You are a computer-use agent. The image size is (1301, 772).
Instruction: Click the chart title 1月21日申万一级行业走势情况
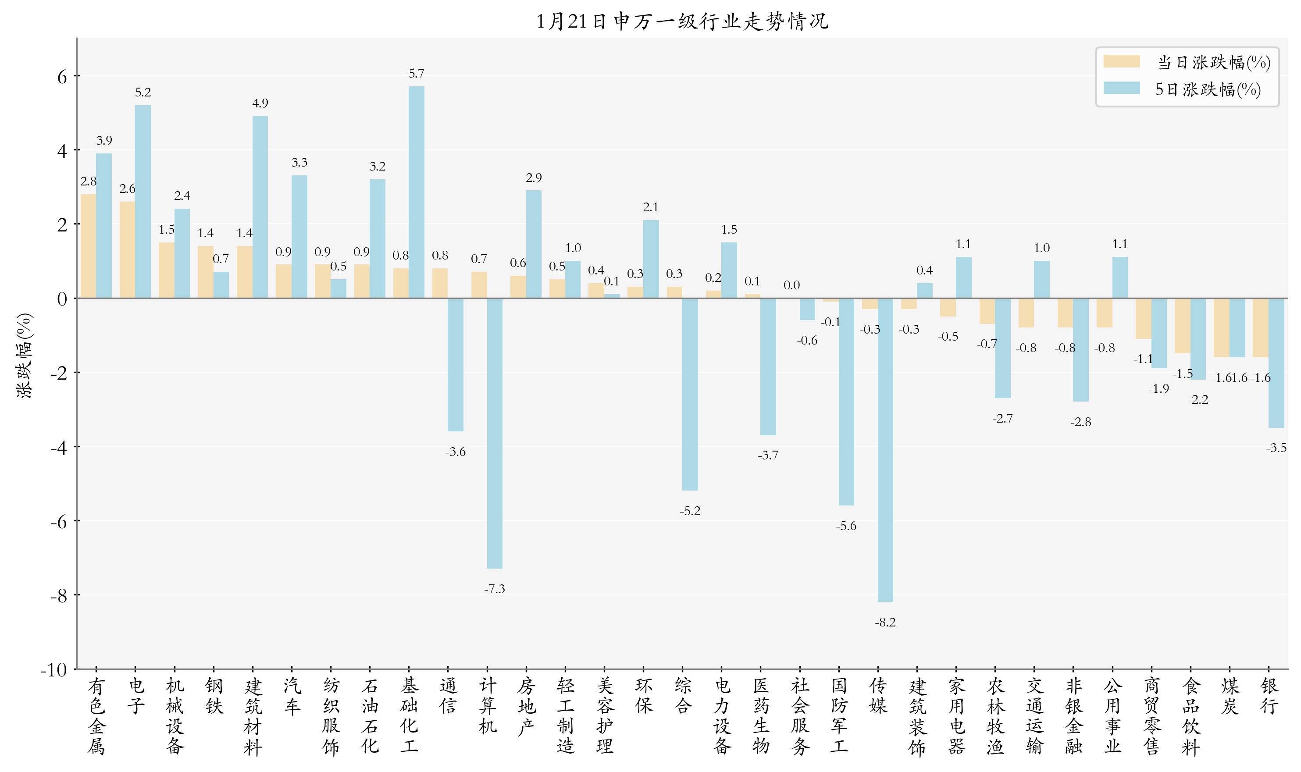(682, 21)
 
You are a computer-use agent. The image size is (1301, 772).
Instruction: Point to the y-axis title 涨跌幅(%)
(25, 356)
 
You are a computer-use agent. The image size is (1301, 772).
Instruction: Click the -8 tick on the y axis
(59, 595)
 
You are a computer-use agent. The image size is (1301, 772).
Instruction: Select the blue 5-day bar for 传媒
(885, 449)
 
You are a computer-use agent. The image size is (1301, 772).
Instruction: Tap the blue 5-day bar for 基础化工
(416, 192)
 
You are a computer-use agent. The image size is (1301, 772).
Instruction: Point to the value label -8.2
(885, 622)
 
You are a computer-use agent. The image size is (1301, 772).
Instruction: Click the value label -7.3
(494, 589)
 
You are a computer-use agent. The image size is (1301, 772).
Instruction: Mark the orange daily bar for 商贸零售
(1144, 318)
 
